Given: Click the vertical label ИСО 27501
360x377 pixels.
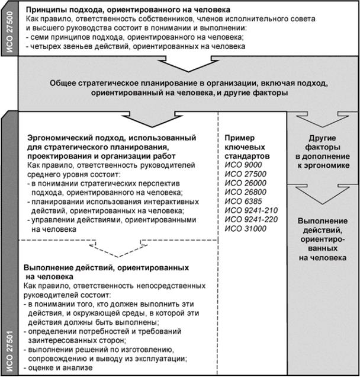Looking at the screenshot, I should click(x=8, y=350).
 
